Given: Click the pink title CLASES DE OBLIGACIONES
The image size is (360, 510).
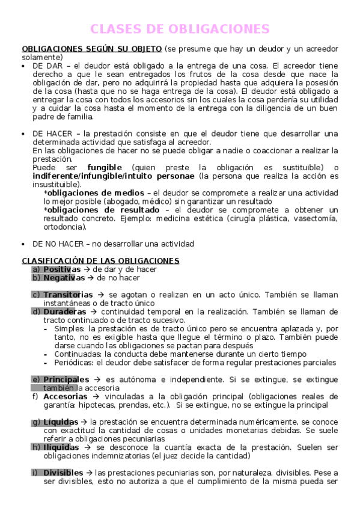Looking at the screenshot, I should [180, 29].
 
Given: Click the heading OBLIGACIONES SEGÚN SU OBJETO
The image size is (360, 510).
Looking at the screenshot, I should [91, 49].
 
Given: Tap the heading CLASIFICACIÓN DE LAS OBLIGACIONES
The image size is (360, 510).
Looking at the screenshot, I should [100, 260].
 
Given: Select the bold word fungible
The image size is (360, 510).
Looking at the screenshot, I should [105, 167].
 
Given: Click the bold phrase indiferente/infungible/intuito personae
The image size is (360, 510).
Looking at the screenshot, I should [114, 176].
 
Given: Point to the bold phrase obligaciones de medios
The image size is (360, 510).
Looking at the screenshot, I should [95, 192].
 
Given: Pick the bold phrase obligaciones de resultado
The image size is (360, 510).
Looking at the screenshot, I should [103, 210].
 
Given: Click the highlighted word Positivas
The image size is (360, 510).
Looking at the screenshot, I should [61, 269].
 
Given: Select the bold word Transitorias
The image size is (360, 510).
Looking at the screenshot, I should [68, 295].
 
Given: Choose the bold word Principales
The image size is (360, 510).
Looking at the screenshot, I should [66, 379].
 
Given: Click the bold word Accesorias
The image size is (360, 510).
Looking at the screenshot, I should [66, 396].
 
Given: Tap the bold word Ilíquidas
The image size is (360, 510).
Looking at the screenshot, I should [61, 447].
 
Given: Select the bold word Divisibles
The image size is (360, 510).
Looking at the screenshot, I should [63, 473].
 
